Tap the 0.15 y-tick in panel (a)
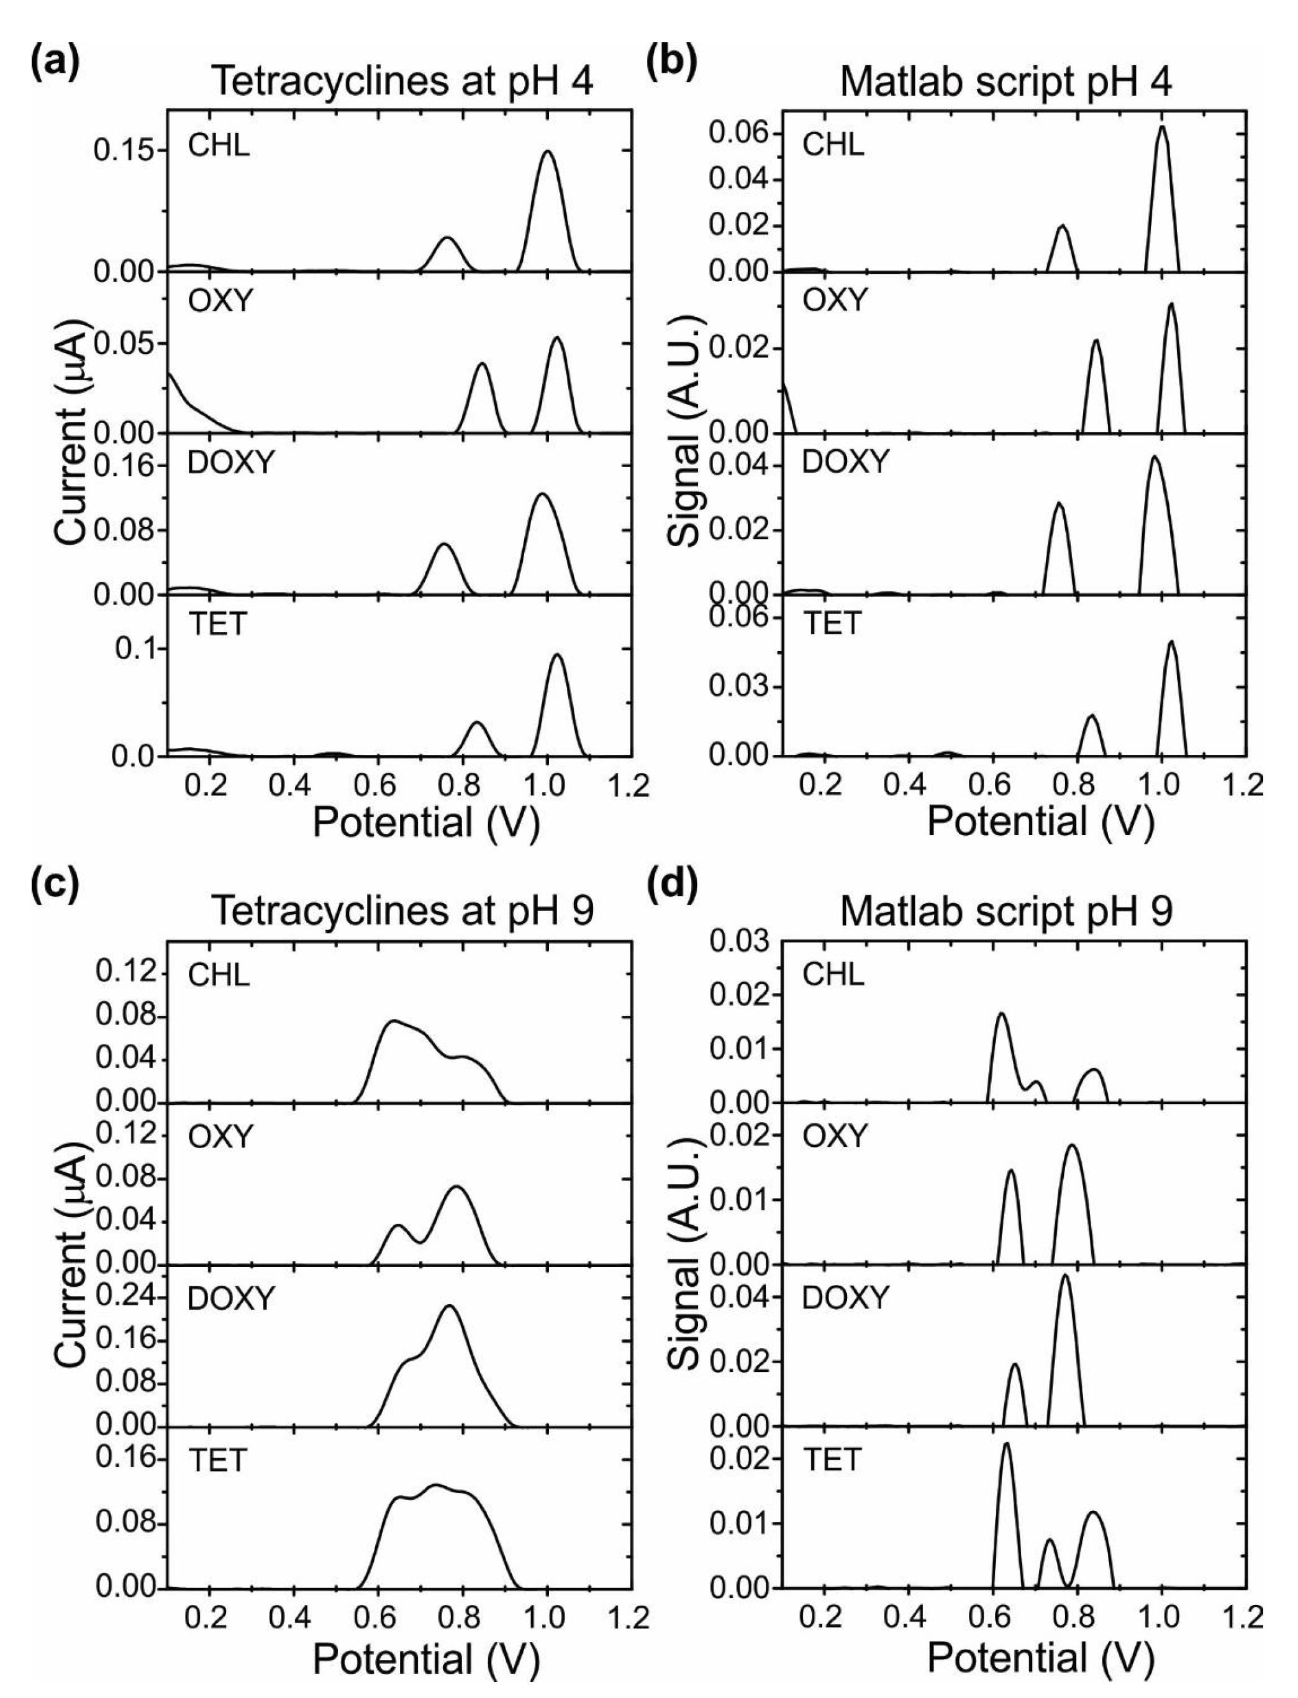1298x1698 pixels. coord(123,150)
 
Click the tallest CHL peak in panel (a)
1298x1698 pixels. coord(548,152)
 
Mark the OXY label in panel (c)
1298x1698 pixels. coord(219,1137)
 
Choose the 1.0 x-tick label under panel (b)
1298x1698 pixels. coord(1161,785)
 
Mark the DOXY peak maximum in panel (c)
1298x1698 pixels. coord(449,1306)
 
